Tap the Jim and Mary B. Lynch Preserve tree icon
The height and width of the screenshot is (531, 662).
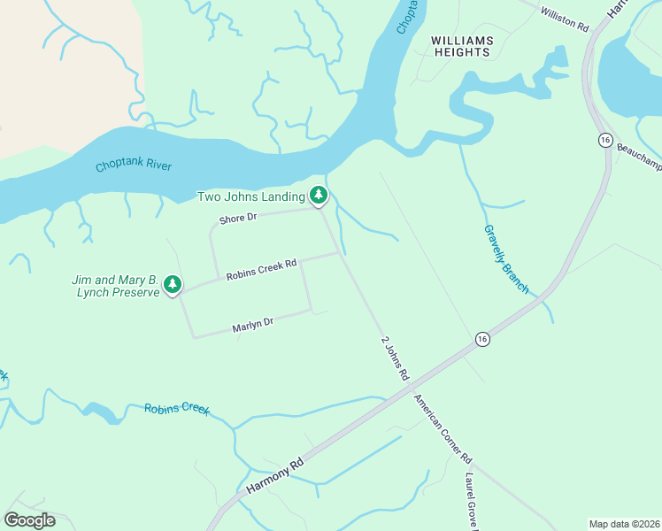click(x=173, y=285)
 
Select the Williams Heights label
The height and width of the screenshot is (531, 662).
click(x=460, y=46)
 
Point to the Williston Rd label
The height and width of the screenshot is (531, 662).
click(x=564, y=19)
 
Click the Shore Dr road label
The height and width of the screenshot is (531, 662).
click(x=238, y=218)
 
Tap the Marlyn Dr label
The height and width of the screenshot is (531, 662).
click(x=253, y=326)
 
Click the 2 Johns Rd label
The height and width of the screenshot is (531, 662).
click(x=394, y=358)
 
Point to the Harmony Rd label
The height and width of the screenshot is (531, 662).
click(x=275, y=476)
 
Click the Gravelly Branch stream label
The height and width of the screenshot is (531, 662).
click(x=506, y=259)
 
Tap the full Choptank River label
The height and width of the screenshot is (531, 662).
click(x=134, y=165)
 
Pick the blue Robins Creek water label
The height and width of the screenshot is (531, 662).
click(x=177, y=409)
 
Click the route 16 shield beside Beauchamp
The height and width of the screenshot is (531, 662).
click(x=605, y=141)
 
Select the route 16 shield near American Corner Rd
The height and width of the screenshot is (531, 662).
click(x=481, y=339)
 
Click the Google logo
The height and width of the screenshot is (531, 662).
click(x=30, y=519)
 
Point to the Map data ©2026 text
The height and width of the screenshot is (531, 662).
click(x=623, y=523)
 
